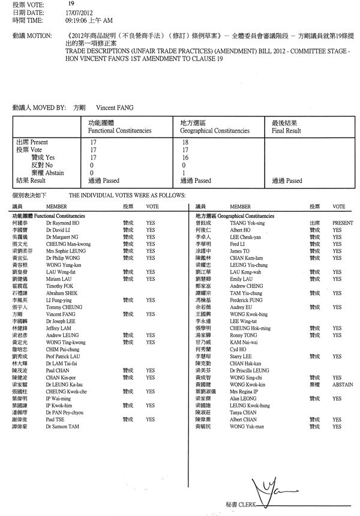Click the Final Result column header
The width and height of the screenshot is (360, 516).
[x=286, y=130]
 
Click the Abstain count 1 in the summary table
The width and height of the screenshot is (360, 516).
[x=182, y=173]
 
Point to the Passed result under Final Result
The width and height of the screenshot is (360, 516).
[x=287, y=181]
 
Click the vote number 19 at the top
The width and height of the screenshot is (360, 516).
[x=71, y=4]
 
